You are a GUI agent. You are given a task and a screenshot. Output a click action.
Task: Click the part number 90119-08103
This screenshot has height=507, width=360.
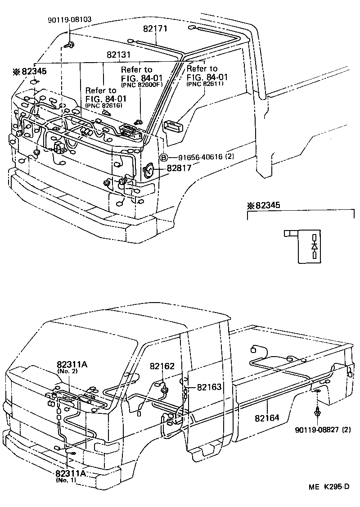tap(69, 20)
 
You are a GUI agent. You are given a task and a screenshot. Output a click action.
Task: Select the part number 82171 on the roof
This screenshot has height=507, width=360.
tap(155, 29)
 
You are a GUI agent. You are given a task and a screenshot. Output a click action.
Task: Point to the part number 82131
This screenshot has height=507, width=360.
tap(118, 54)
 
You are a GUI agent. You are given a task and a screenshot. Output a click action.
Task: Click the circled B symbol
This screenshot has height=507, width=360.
tap(164, 158)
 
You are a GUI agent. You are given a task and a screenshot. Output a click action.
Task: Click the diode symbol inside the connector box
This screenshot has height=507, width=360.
tap(315, 246)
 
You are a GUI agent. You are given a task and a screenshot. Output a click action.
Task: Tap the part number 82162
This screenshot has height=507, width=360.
tap(162, 367)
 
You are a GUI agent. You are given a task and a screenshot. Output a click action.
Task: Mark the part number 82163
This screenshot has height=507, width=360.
tap(209, 387)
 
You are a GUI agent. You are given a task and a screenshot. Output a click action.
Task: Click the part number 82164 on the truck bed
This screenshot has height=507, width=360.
tap(267, 418)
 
